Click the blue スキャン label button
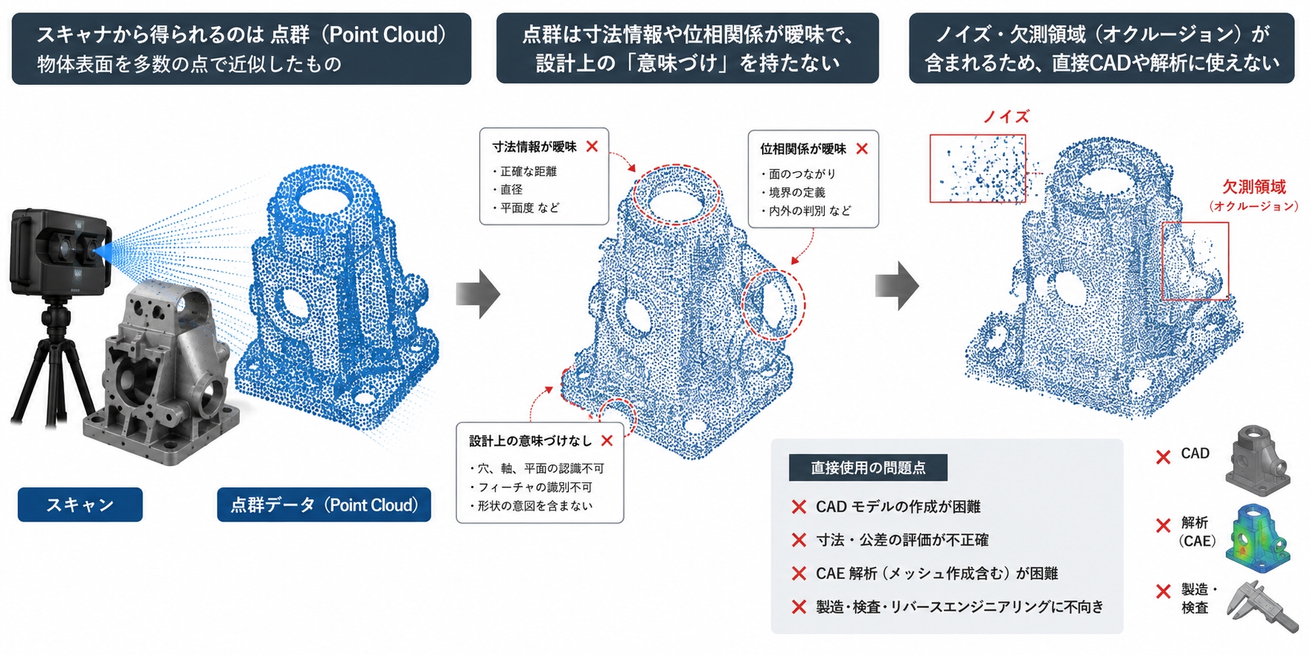tap(80, 504)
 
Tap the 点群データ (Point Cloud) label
tap(323, 504)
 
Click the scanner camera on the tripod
tap(61, 252)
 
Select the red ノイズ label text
tap(1006, 117)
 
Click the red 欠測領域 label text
tap(1254, 187)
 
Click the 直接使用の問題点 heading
tap(868, 467)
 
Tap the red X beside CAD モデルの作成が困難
tap(798, 507)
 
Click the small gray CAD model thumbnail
tap(1258, 459)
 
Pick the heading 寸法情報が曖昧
tap(535, 147)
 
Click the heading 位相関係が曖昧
tap(803, 149)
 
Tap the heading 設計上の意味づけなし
tap(530, 441)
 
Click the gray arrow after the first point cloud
tap(478, 294)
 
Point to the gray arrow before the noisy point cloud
tap(897, 285)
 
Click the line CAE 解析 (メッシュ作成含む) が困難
tap(937, 574)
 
